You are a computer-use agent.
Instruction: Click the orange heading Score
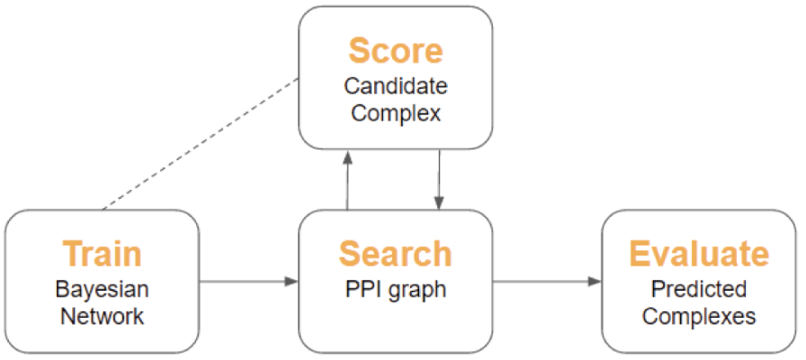(x=395, y=50)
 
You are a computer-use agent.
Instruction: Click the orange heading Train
(x=102, y=254)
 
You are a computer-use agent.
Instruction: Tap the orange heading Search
(x=395, y=254)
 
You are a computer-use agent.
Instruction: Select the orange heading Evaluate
(x=699, y=254)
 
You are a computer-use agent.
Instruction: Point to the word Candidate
(x=395, y=86)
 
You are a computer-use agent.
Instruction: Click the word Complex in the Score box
(x=395, y=112)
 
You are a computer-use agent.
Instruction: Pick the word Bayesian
(x=102, y=290)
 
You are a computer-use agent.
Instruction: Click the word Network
(x=102, y=316)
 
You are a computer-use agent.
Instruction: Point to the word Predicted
(x=699, y=290)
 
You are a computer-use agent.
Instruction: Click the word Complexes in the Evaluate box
(x=699, y=316)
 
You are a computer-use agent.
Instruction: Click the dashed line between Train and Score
(x=201, y=143)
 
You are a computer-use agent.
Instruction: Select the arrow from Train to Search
(x=249, y=282)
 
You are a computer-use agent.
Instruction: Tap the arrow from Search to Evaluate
(x=547, y=282)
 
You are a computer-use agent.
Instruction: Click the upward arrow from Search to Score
(x=348, y=179)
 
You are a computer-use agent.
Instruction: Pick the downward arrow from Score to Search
(x=439, y=179)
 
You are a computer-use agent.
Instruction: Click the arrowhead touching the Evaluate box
(x=596, y=282)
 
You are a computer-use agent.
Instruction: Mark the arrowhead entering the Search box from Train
(x=292, y=282)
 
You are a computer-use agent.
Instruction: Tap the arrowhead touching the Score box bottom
(x=348, y=156)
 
